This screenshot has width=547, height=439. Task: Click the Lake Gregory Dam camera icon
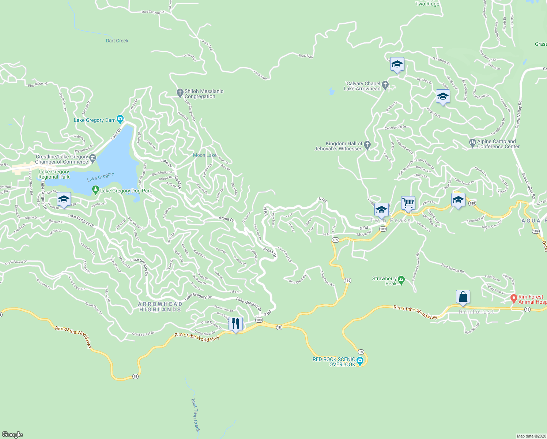click(120, 120)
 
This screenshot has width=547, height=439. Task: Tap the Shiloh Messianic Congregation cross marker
click(180, 93)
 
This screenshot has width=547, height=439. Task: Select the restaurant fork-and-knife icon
click(235, 324)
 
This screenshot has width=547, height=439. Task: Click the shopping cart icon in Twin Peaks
click(408, 203)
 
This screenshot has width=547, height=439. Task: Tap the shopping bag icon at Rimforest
click(463, 297)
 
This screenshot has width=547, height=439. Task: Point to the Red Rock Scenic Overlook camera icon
click(360, 362)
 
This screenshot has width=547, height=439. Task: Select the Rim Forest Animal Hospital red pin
click(513, 299)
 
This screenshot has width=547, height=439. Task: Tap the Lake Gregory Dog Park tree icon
click(95, 190)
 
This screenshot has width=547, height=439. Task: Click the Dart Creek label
click(117, 41)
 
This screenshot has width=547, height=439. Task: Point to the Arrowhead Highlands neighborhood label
click(160, 307)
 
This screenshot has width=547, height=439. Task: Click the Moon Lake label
click(205, 155)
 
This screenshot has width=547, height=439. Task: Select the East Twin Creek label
click(196, 415)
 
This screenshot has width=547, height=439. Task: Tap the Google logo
click(12, 434)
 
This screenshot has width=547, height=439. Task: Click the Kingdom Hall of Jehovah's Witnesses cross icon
click(367, 145)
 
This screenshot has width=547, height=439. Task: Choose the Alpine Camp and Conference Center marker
click(472, 143)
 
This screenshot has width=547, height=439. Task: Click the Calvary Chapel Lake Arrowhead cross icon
click(385, 86)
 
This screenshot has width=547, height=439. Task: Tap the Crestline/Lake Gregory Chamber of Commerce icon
click(93, 159)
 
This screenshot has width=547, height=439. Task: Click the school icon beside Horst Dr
click(64, 199)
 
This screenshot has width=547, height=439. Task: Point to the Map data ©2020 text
click(531, 436)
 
